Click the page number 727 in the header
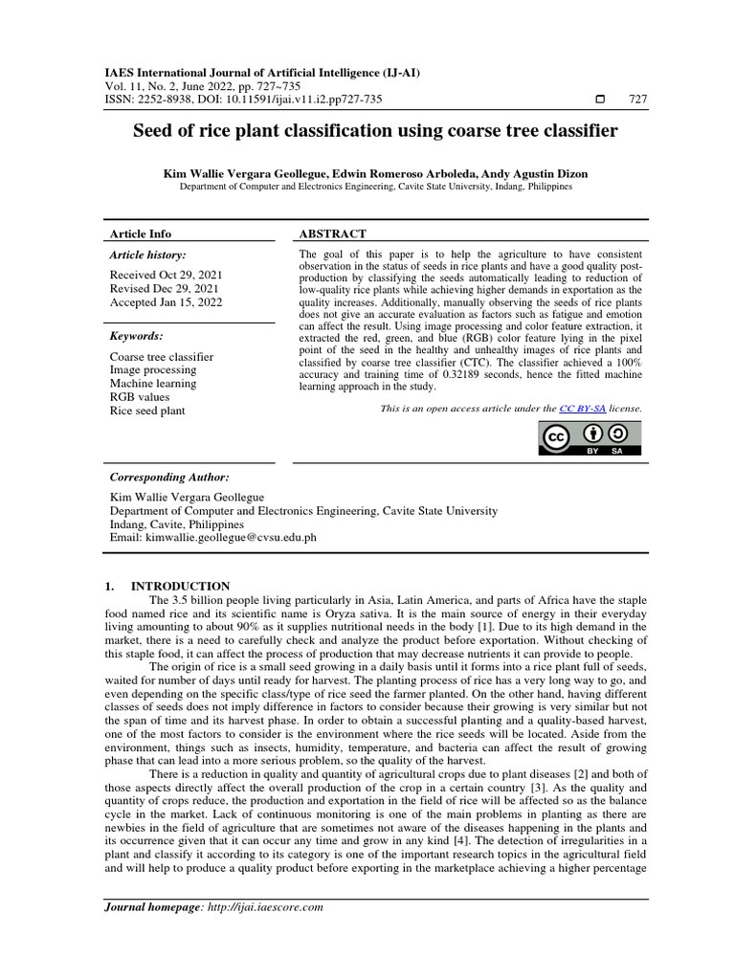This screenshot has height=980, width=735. click(637, 100)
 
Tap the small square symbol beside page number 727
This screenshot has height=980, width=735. click(600, 100)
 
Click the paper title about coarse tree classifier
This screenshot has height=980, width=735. click(375, 130)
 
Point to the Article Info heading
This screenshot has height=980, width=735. click(141, 234)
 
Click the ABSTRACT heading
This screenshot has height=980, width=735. click(332, 234)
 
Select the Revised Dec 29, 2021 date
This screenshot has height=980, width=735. click(164, 288)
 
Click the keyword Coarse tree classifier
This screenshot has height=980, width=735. click(162, 357)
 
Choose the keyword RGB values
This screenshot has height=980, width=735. click(140, 397)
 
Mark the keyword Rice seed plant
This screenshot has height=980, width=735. click(147, 411)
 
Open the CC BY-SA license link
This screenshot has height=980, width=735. click(582, 408)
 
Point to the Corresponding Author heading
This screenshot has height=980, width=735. click(169, 477)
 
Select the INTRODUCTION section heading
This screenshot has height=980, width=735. click(180, 586)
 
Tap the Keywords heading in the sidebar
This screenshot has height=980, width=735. click(136, 336)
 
